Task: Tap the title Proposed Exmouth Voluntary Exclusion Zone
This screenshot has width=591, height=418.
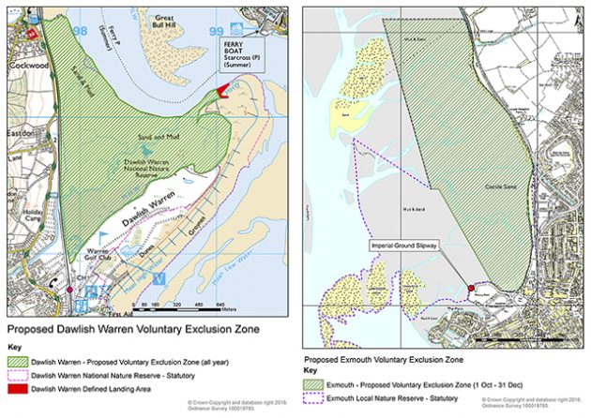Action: [x=384, y=359]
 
